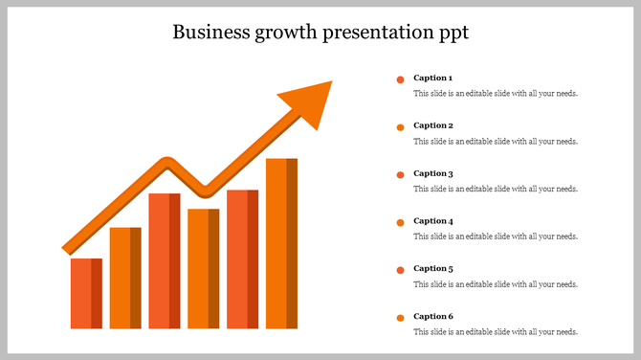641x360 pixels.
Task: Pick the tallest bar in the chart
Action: (281, 243)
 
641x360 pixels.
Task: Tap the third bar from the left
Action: (165, 260)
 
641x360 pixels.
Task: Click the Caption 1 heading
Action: (432, 78)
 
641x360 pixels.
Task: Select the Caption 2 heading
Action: (432, 125)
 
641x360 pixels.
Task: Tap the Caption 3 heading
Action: (432, 173)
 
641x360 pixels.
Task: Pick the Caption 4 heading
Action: (432, 221)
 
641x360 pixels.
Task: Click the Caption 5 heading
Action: (432, 268)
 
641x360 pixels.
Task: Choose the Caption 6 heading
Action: (432, 316)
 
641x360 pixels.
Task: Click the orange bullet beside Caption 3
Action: (400, 174)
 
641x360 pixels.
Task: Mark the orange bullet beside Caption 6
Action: (400, 317)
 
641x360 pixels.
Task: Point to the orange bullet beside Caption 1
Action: (400, 79)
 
